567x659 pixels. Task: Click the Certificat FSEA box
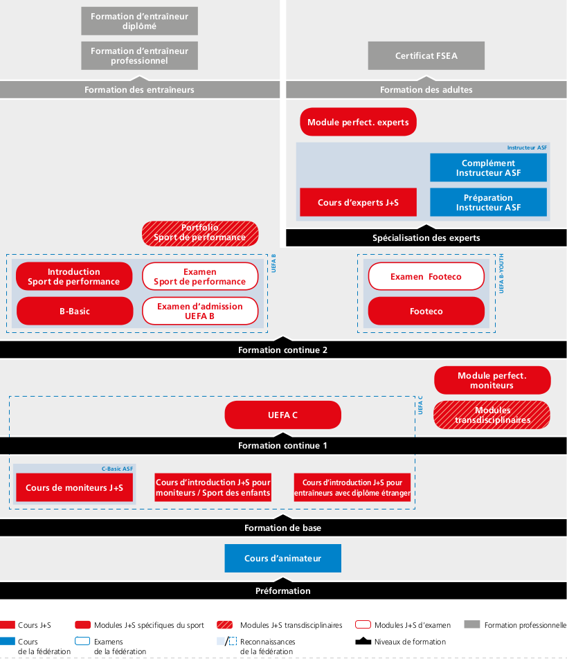point(426,55)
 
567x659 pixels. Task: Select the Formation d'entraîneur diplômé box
point(140,21)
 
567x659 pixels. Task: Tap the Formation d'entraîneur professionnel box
point(140,55)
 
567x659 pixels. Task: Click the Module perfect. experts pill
point(358,122)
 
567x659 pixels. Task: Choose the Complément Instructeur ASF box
point(488,168)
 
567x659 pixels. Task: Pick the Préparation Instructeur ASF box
point(488,202)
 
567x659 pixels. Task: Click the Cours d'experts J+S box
point(358,202)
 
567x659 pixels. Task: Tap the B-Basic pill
point(75,311)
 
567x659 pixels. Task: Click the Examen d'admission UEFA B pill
point(200,311)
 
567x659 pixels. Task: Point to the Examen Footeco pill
point(426,276)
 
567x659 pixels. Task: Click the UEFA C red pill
point(283,415)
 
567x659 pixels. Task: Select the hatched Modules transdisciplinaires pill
point(492,415)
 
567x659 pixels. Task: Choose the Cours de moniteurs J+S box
point(74,487)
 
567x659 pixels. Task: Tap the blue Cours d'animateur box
point(283,558)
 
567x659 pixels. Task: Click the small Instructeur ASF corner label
point(527,147)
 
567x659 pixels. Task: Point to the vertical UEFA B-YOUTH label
point(501,273)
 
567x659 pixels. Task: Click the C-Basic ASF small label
point(117,469)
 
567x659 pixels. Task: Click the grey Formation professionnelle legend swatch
point(472,624)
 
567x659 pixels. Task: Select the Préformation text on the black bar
point(283,590)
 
